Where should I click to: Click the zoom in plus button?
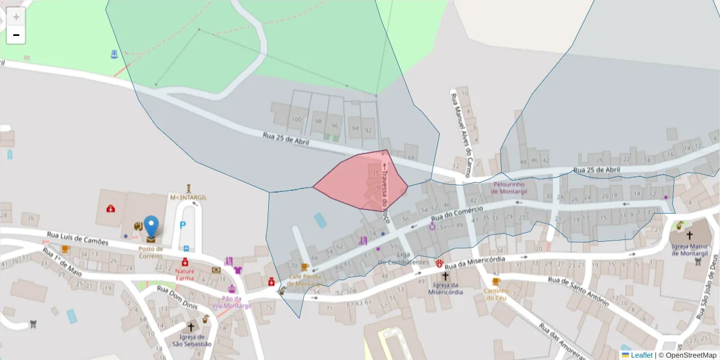click(x=16, y=17)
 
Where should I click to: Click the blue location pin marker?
click(x=152, y=227)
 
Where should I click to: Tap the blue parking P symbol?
click(x=183, y=226)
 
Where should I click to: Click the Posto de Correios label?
click(x=151, y=252)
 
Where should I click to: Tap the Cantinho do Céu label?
click(x=496, y=294)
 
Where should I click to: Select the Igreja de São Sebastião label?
click(x=192, y=340)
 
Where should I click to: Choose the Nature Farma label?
click(x=185, y=274)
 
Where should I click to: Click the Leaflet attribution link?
click(x=641, y=355)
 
